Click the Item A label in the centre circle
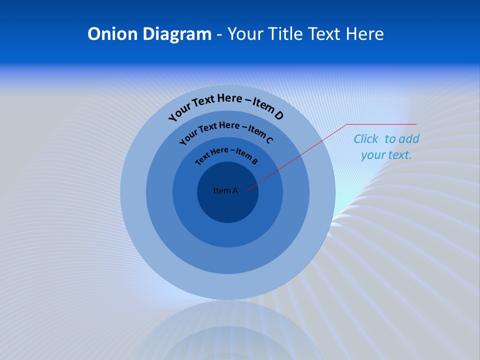tap(225, 190)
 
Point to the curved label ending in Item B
tap(226, 154)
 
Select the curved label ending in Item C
tap(225, 132)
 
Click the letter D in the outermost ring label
tap(278, 115)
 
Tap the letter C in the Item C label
tap(269, 140)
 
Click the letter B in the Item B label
tap(254, 161)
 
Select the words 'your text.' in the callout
tap(386, 155)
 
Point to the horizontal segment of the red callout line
tap(381, 124)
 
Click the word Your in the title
tap(246, 34)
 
